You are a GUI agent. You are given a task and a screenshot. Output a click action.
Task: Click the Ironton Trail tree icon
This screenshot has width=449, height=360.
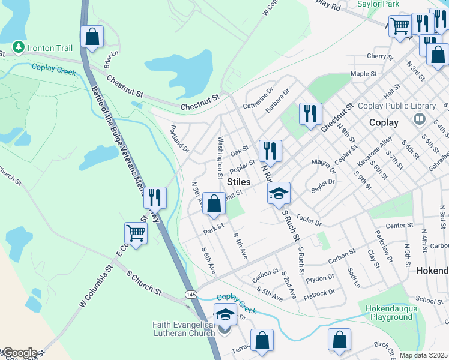pos(19,47)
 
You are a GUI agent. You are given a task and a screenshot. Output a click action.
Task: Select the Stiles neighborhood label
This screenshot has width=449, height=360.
pos(238,181)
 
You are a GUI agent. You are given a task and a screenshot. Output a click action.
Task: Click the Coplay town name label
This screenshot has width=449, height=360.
pos(385,122)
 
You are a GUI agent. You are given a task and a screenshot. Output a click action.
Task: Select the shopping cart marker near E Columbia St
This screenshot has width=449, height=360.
pos(136,233)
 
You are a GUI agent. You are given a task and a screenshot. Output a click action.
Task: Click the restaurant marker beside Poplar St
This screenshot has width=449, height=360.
pos(270,151)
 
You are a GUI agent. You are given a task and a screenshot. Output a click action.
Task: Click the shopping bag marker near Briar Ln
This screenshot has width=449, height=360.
pos(92,37)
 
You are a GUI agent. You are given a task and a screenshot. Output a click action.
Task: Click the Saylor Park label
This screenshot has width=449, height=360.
pos(378,4)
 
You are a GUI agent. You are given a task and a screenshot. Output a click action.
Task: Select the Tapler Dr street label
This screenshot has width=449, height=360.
pos(309,221)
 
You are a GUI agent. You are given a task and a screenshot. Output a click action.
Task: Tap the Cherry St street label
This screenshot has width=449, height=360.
pos(379,57)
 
